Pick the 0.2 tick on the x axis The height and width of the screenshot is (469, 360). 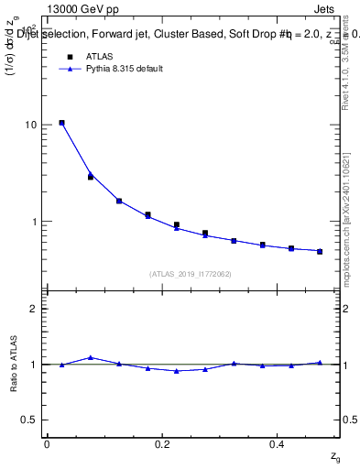161,444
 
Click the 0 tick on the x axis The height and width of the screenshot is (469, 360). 47,444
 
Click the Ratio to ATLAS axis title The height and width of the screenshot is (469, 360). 14,365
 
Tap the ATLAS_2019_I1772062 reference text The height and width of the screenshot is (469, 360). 190,273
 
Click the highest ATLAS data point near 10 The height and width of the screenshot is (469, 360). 61,123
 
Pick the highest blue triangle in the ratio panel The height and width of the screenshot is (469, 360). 90,357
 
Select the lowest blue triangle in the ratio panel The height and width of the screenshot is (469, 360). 176,371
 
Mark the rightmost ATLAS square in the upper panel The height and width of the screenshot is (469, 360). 320,251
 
